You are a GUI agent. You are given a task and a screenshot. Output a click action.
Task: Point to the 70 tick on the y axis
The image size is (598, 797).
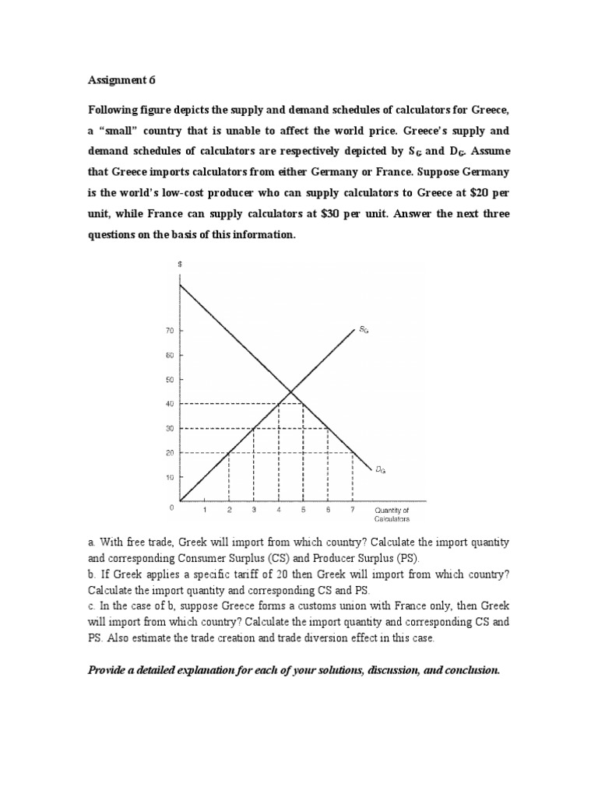170,331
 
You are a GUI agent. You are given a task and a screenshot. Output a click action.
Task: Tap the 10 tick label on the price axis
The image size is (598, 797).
170,477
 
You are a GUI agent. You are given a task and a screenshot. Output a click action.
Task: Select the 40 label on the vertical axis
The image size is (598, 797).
170,404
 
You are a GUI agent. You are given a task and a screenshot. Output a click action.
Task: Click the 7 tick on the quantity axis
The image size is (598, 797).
353,511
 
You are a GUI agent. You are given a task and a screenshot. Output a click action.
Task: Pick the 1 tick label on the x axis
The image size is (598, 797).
205,511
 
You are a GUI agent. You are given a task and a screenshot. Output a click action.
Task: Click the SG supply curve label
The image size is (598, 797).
364,330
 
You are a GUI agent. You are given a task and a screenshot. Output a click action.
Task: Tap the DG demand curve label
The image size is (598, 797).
379,469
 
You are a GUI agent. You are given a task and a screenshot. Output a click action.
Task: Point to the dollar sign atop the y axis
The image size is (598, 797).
180,265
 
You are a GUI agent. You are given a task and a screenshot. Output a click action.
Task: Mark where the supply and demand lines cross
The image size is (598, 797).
290,391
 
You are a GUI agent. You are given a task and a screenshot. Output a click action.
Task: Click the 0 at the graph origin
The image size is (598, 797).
171,507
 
